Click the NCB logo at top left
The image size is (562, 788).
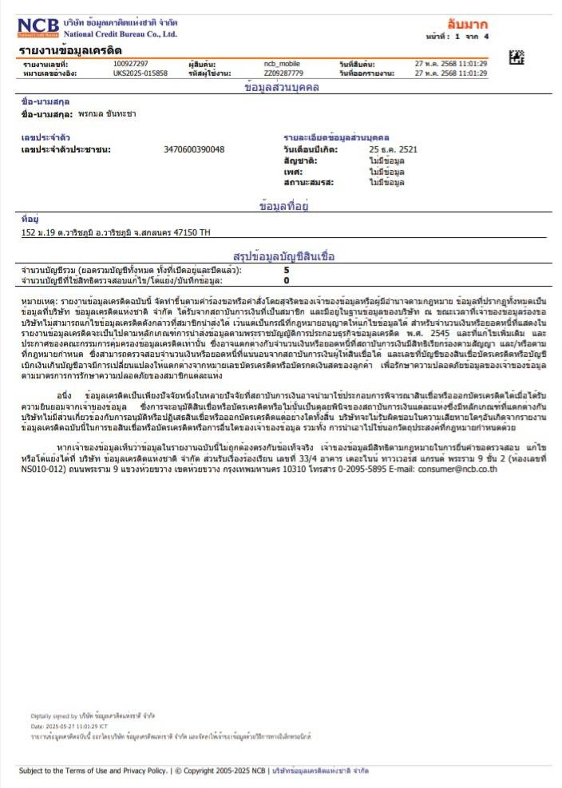pos(38,27)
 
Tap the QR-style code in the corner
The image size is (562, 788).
pos(516,57)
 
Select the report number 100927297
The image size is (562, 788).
pos(130,63)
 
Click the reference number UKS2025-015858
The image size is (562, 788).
pos(140,73)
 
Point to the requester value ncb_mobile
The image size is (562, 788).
pos(282,63)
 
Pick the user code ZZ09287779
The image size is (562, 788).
pos(283,73)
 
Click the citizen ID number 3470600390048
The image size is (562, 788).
pos(194,149)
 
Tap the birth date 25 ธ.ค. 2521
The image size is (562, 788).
pos(393,149)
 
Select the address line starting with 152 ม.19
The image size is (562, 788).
pos(116,232)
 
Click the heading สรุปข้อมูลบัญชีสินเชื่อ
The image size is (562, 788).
pos(283,256)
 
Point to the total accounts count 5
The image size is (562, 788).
pos(287,271)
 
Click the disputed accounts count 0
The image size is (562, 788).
pos(287,280)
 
